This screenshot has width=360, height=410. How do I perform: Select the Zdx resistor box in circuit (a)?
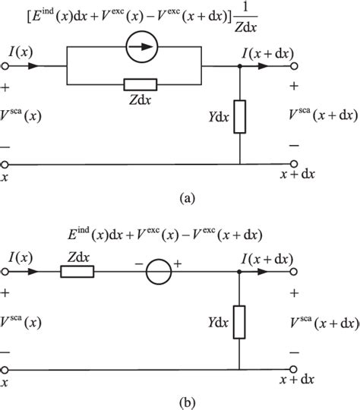[141, 84]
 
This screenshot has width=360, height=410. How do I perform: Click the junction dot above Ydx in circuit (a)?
[240, 67]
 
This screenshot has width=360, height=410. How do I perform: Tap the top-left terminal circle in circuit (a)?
[6, 67]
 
